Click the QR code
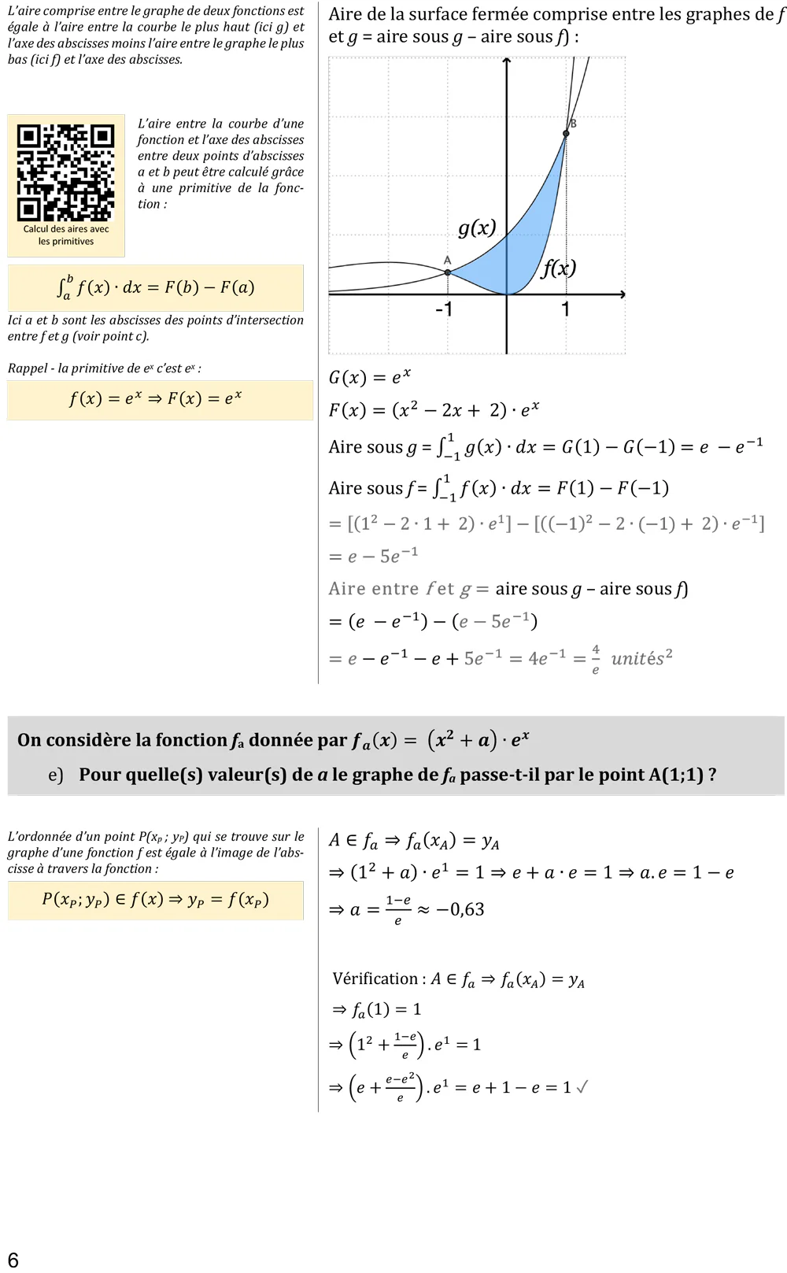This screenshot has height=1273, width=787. (x=66, y=172)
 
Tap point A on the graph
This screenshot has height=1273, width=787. (x=448, y=272)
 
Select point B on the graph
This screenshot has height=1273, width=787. (x=566, y=135)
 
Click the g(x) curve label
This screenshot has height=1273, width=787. (x=477, y=228)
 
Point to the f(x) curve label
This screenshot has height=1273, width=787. (x=559, y=268)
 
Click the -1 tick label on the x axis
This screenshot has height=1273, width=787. (x=444, y=309)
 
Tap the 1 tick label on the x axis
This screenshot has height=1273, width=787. (x=565, y=309)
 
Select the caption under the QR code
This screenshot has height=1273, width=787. (x=66, y=235)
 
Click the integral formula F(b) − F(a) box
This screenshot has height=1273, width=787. (x=156, y=287)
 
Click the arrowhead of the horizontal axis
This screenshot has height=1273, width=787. (x=622, y=294)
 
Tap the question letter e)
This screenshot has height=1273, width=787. (x=55, y=775)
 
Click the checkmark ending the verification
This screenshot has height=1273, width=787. (x=582, y=1087)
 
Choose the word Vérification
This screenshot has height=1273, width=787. (x=375, y=979)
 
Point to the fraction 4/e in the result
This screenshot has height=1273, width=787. (x=596, y=659)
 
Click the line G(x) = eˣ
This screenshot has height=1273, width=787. (x=370, y=377)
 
